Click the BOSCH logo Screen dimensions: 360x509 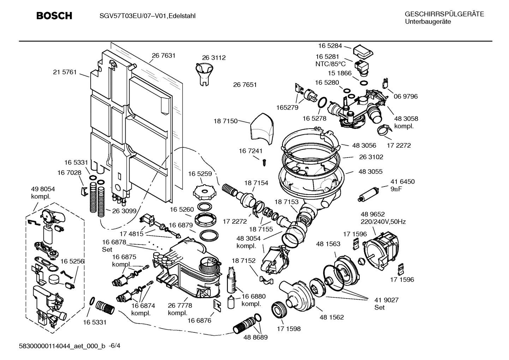click(x=54, y=16)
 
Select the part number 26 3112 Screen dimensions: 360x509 click(x=214, y=58)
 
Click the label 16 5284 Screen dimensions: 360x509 click(x=330, y=46)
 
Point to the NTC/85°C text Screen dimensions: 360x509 click(x=330, y=64)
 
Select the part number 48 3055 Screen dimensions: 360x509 click(x=370, y=171)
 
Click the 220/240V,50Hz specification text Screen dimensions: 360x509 click(x=383, y=222)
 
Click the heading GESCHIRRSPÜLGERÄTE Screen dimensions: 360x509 click(x=444, y=14)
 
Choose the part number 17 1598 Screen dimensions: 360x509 click(x=288, y=329)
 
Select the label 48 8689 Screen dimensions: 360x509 click(x=255, y=337)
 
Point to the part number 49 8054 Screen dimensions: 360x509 click(x=43, y=189)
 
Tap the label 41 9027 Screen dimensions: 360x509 click(x=387, y=300)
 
